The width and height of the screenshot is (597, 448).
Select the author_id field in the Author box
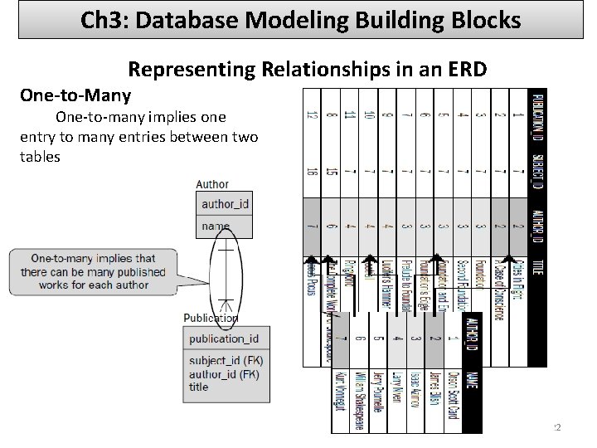[x=225, y=203]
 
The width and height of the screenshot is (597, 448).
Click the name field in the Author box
[x=216, y=225]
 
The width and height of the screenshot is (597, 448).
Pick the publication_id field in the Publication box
[x=224, y=338]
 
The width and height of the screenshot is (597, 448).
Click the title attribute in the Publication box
[x=199, y=387]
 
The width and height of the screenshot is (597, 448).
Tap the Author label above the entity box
[x=212, y=184]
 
